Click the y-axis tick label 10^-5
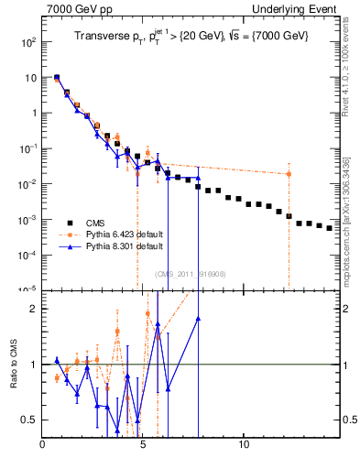(27, 290)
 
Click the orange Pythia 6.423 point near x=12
(289, 174)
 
